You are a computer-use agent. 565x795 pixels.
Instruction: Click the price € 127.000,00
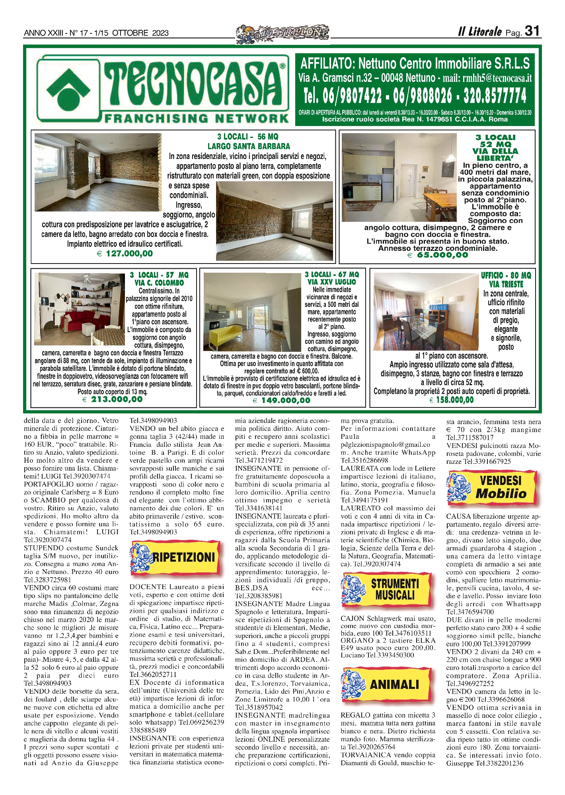125,253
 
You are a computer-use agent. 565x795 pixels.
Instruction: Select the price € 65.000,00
438,255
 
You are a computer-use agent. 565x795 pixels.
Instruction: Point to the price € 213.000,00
112,399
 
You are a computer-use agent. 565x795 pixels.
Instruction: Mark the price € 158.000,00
452,399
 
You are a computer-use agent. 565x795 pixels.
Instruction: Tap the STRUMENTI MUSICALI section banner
386,589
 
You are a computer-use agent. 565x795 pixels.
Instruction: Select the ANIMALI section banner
386,684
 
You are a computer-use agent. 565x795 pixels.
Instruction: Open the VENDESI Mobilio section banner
493,487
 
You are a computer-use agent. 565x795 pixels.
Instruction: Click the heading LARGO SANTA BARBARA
249,146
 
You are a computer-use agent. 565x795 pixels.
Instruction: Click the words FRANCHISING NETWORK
196,118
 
